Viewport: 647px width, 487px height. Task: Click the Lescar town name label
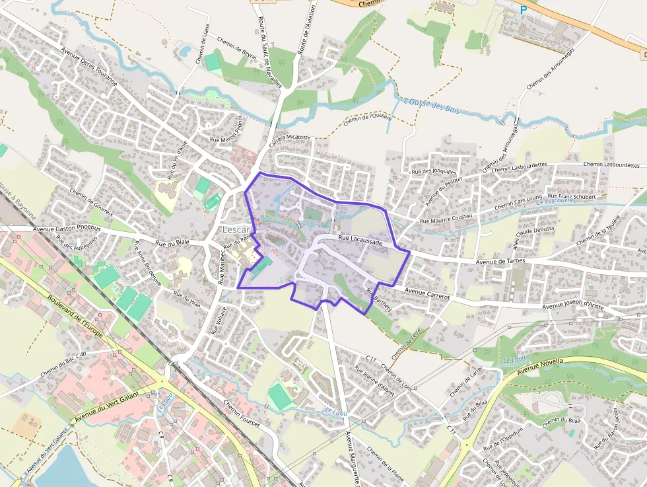(x=236, y=229)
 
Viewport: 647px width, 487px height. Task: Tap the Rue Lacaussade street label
(x=360, y=242)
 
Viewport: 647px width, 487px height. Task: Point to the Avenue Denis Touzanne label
(x=88, y=68)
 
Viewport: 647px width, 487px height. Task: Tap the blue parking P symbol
(x=524, y=10)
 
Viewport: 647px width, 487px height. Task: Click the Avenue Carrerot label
(x=427, y=293)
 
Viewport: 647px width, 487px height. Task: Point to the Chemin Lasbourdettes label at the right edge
(x=611, y=165)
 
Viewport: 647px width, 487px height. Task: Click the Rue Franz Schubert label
(x=572, y=196)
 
